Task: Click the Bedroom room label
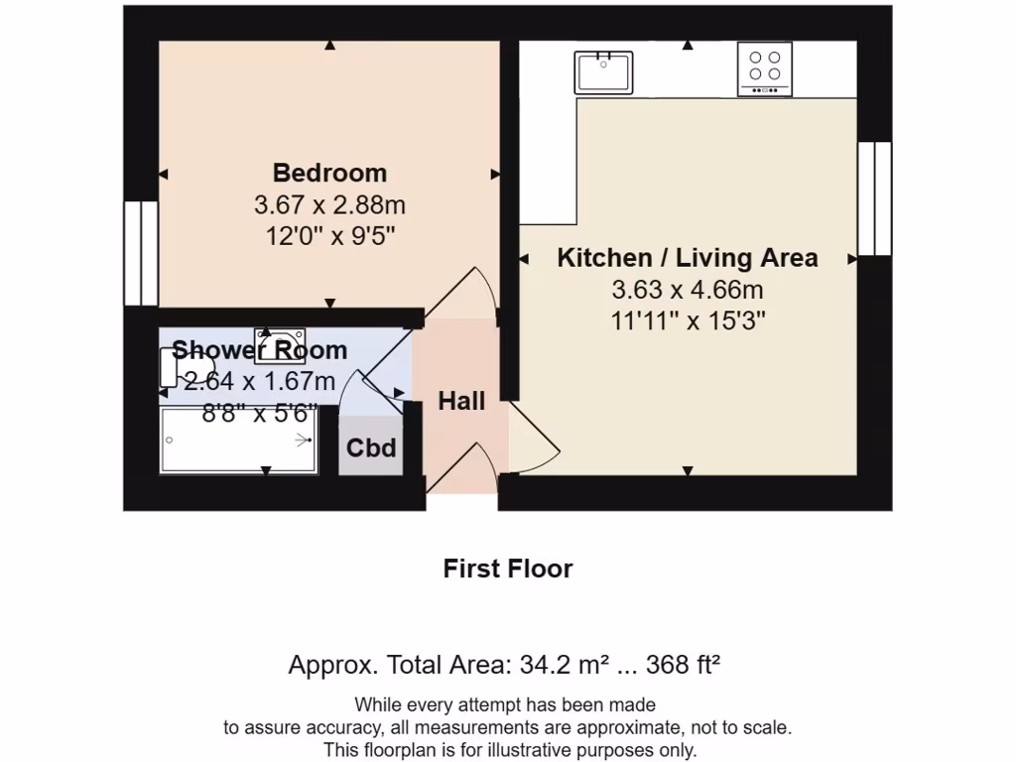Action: click(x=329, y=173)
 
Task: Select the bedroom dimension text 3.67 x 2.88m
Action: click(x=329, y=205)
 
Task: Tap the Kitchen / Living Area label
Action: click(x=687, y=258)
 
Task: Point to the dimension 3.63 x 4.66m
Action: click(x=687, y=290)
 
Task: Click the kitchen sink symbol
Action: click(x=603, y=71)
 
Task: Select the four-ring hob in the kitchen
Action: click(x=764, y=68)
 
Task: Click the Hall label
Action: click(x=461, y=401)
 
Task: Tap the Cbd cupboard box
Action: click(x=371, y=447)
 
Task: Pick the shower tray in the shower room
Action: click(x=239, y=441)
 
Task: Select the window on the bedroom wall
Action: click(x=140, y=253)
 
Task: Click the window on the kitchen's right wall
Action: click(x=874, y=197)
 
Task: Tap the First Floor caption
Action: click(x=507, y=569)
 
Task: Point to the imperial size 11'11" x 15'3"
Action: click(x=687, y=321)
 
